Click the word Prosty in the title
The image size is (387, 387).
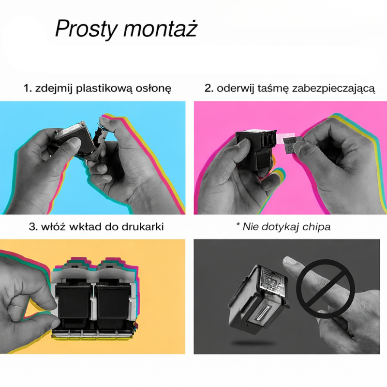tap(86, 29)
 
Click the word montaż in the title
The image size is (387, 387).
tap(160, 29)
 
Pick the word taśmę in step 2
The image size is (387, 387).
tap(273, 89)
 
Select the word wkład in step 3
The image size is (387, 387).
tap(85, 226)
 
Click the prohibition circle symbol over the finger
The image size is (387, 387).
tap(326, 289)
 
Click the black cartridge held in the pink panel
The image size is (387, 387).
tap(256, 150)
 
